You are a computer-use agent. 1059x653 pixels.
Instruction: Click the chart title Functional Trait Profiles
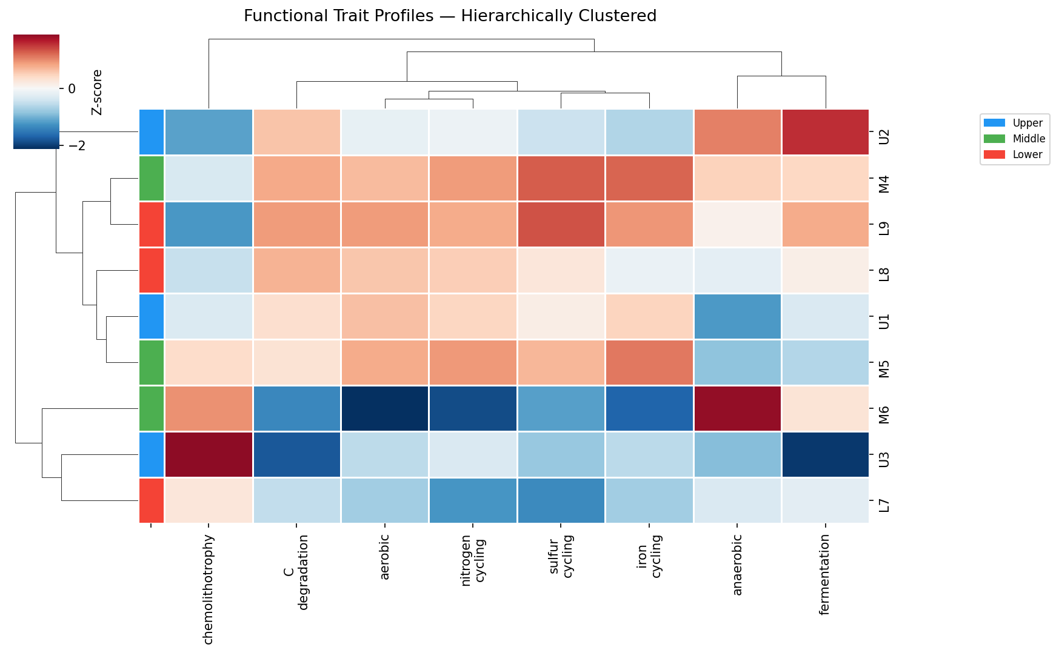pyautogui.click(x=450, y=16)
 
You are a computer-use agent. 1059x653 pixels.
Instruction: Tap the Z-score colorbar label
pyautogui.click(x=97, y=92)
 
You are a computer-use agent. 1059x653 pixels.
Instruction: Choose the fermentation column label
pyautogui.click(x=824, y=574)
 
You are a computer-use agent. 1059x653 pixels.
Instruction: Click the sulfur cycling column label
pyautogui.click(x=561, y=556)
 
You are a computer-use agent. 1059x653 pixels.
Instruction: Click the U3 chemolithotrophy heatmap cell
pyautogui.click(x=209, y=454)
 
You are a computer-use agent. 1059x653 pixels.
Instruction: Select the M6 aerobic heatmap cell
pyautogui.click(x=385, y=408)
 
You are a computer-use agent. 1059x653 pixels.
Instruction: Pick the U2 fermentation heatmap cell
pyautogui.click(x=825, y=132)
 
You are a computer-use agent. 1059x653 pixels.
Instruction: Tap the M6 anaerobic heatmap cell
pyautogui.click(x=737, y=408)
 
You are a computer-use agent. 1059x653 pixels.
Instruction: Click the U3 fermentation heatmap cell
pyautogui.click(x=825, y=454)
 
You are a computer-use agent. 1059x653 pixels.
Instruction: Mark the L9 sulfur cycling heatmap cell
pyautogui.click(x=561, y=224)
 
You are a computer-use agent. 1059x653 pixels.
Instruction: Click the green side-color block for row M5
pyautogui.click(x=152, y=362)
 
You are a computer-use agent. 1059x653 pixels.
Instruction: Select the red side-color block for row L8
pyautogui.click(x=152, y=270)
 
